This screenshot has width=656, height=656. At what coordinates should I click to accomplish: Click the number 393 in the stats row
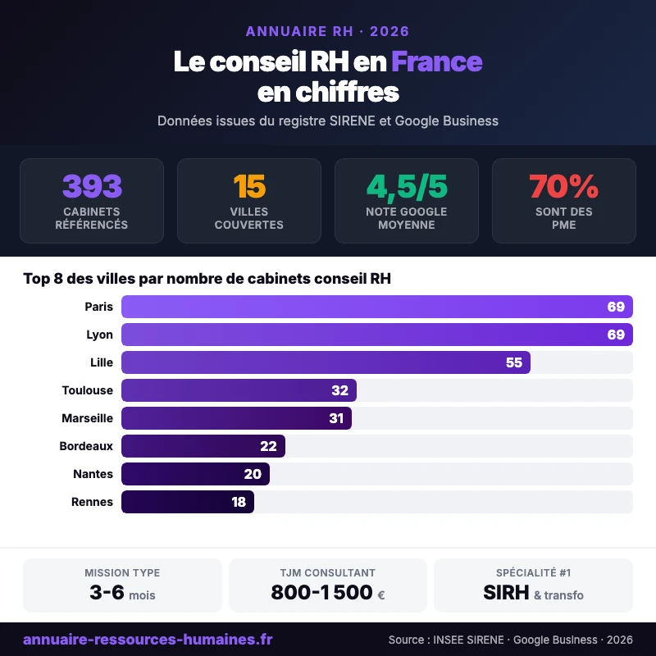coord(92,187)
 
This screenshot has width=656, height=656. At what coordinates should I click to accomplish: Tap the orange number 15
coord(249,187)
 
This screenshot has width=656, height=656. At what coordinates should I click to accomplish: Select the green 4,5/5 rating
coord(407,187)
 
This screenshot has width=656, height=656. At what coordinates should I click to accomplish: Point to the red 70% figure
coord(564,187)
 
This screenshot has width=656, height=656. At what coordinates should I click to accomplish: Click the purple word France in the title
coord(436,62)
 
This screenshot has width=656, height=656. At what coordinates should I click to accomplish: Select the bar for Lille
coord(326,362)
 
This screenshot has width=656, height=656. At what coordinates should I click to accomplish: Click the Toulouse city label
coord(87,390)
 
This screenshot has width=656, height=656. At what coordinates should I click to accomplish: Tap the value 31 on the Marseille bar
coord(336,418)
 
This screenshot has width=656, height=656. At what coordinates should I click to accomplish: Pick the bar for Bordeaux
coord(203,446)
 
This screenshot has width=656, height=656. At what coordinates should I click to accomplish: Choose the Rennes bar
coord(188,502)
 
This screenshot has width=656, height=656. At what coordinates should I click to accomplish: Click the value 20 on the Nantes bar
coord(253,474)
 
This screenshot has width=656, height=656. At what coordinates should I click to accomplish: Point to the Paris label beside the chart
coord(98,307)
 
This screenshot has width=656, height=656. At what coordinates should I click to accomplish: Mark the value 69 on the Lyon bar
coord(616,335)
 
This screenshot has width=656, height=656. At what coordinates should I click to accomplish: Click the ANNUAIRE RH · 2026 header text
coord(328,32)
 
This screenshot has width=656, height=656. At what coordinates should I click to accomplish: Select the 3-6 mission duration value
coord(107,593)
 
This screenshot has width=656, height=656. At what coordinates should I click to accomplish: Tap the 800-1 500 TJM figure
coord(321,593)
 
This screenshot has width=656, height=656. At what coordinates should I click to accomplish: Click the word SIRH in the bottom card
coord(506,593)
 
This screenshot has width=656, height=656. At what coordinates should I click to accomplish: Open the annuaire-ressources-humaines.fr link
coord(148,640)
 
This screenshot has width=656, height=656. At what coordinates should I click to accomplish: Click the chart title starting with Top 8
coord(207,279)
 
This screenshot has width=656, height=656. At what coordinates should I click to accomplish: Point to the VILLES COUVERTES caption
coord(249,218)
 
